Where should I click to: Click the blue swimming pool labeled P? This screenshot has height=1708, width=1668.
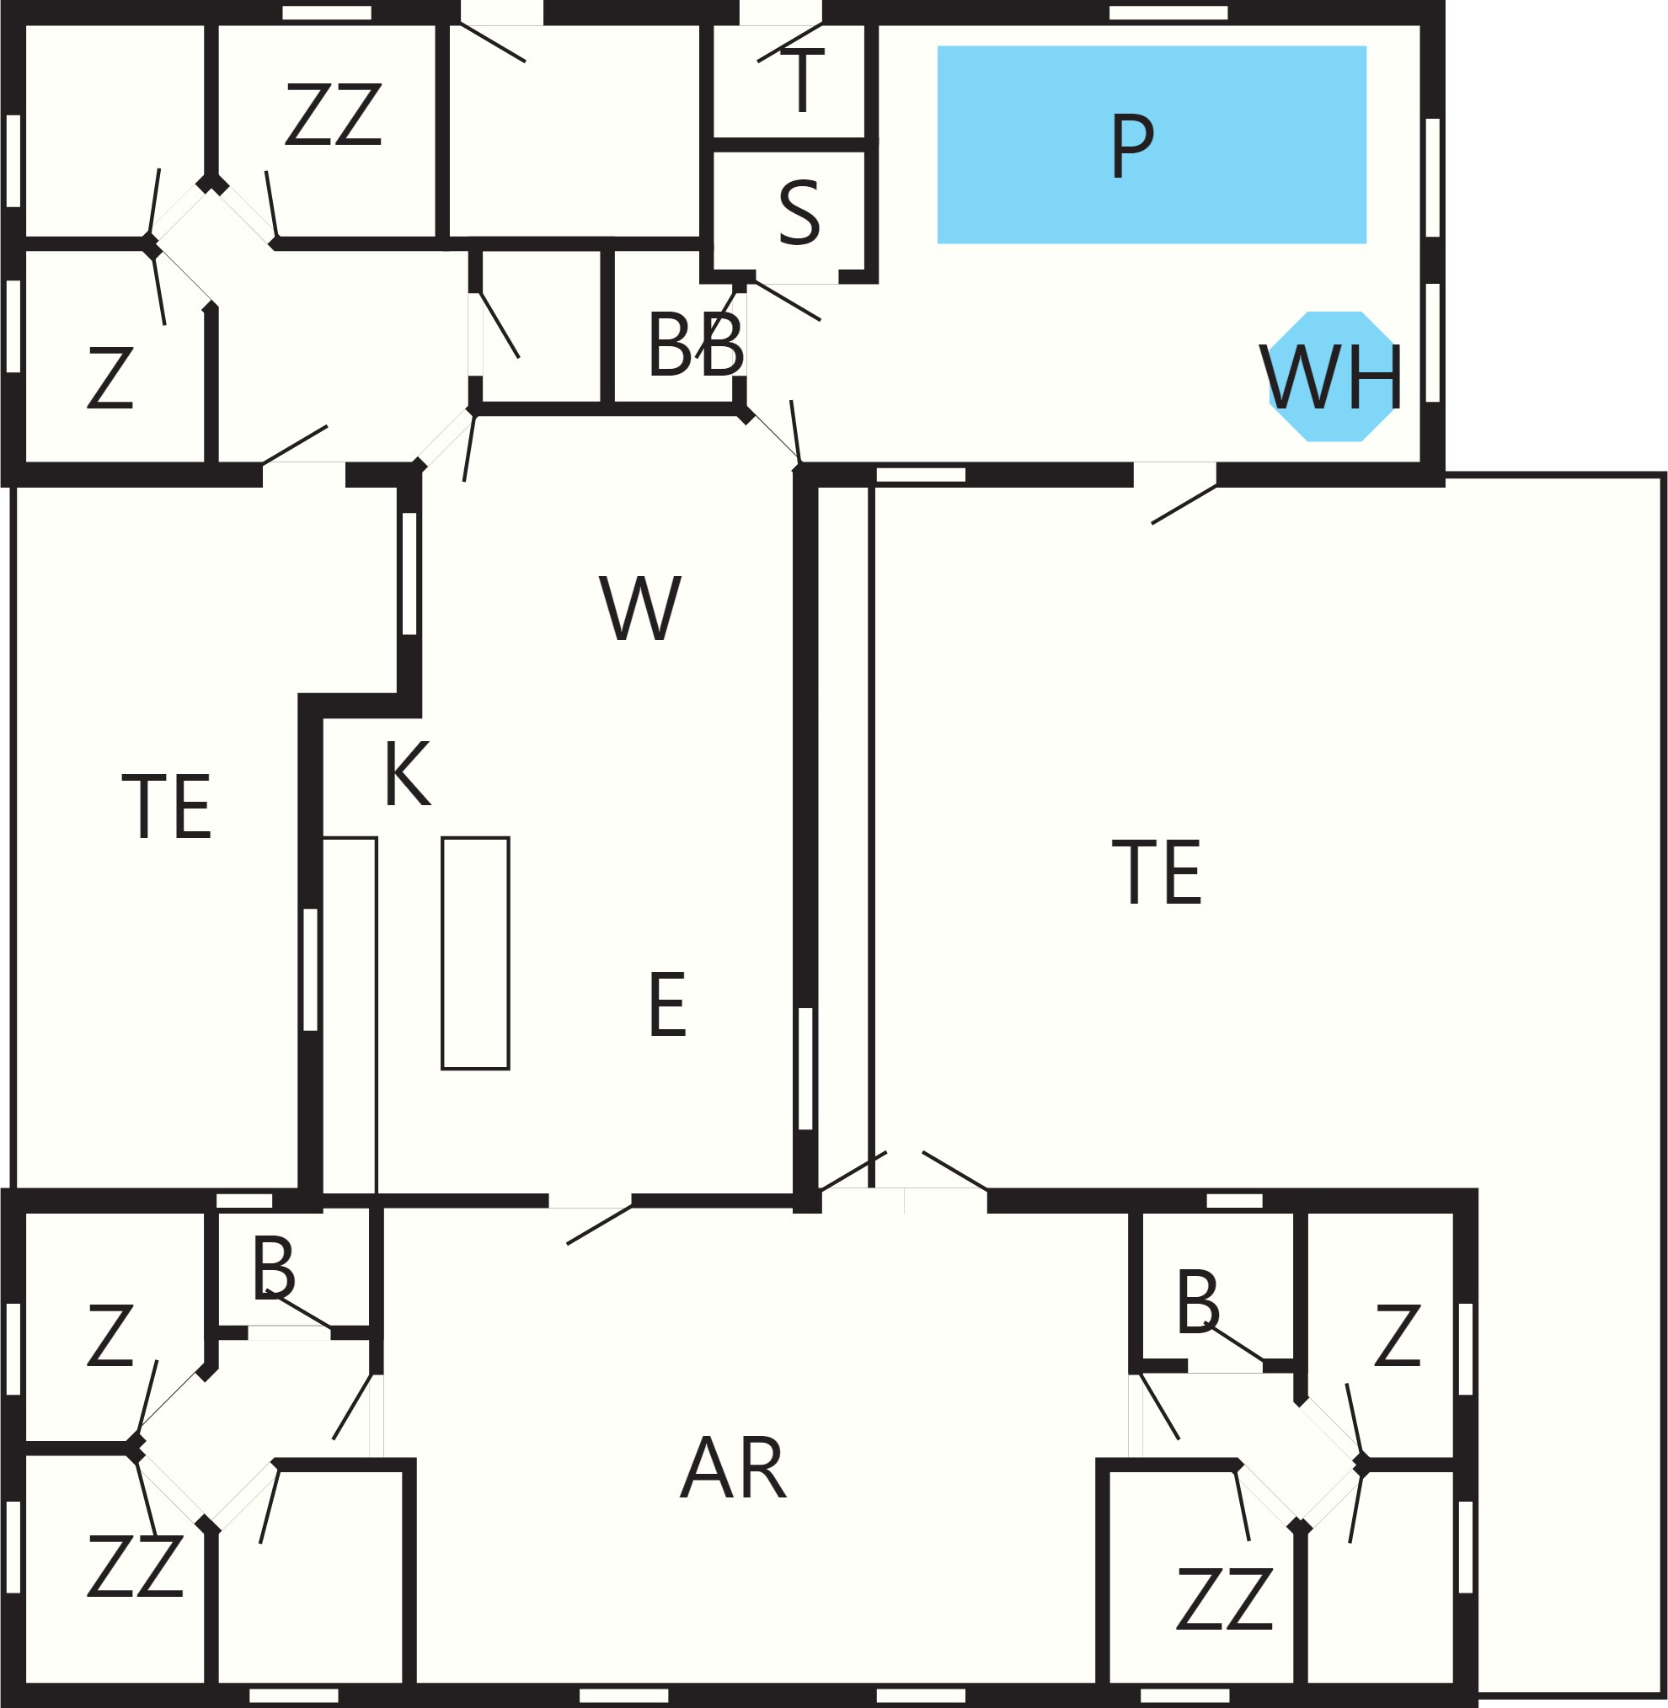[1151, 145]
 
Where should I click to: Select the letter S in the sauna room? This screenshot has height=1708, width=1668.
[799, 213]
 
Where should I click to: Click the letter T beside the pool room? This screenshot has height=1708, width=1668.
[802, 81]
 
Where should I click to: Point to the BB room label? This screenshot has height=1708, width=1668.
[696, 345]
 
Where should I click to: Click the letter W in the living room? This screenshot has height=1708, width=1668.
[639, 608]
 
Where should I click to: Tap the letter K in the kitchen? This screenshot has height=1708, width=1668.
[408, 773]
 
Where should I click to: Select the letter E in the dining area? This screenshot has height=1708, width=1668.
[666, 1005]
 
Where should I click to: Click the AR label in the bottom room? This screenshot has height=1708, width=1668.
[733, 1468]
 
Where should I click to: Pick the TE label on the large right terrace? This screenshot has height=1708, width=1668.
[1157, 872]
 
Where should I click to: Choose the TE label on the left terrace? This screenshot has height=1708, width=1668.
[167, 807]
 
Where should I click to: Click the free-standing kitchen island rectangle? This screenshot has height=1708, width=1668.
[476, 953]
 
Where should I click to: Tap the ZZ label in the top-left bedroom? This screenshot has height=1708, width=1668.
[334, 114]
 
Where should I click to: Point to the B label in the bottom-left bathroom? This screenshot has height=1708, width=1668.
[274, 1268]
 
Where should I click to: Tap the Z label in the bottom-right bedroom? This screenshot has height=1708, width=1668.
[1397, 1336]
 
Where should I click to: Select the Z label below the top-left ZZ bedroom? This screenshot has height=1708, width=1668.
[110, 377]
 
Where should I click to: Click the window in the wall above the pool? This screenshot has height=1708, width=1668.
[1168, 13]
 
